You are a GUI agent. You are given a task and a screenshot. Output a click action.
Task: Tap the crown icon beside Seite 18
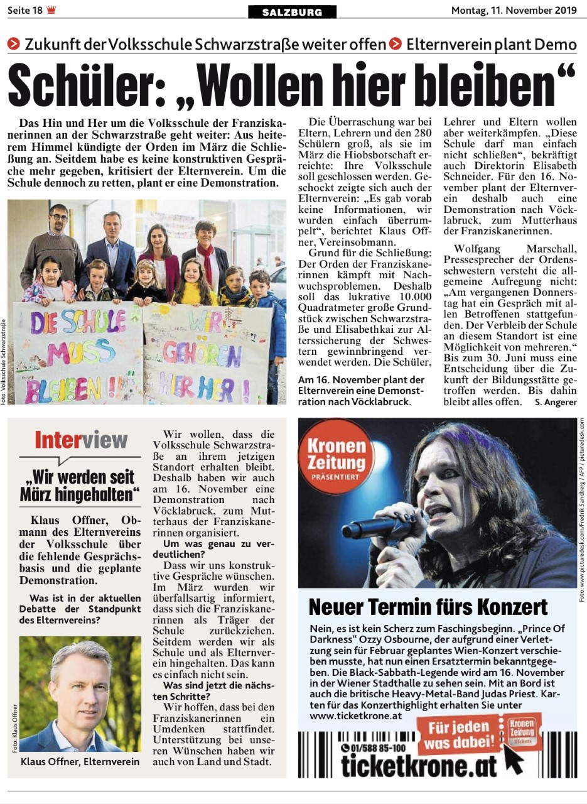(51, 10)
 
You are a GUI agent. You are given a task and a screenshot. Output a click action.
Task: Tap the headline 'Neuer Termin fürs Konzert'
(428, 607)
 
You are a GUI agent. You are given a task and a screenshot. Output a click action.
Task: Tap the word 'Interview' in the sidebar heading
(81, 440)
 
